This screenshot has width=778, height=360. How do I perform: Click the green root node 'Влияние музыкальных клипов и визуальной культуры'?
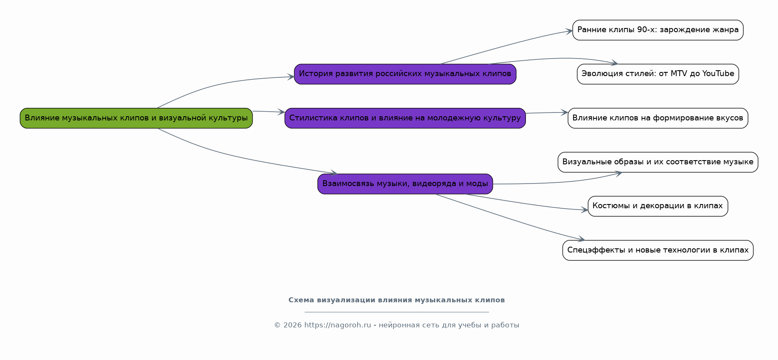[136, 118]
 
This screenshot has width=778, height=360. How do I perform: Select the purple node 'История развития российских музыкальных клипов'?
[405, 74]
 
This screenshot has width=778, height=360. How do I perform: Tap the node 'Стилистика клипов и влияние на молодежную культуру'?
[405, 118]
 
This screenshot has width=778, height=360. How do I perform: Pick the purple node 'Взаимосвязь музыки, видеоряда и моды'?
[405, 184]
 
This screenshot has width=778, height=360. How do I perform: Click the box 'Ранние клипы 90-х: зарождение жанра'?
[657, 30]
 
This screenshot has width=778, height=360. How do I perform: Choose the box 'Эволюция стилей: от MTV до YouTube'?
[657, 74]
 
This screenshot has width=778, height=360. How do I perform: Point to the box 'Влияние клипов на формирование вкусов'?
[657, 118]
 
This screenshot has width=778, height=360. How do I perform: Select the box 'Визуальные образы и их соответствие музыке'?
[657, 162]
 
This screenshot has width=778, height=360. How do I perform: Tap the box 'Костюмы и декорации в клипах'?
[657, 206]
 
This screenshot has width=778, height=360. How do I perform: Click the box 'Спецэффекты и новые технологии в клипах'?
[657, 250]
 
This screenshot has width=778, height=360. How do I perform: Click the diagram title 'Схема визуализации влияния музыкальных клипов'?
[396, 300]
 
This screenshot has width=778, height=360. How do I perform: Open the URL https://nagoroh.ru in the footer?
[337, 325]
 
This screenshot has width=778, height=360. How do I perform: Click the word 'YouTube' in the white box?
[718, 74]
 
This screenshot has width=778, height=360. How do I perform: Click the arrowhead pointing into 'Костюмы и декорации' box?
[585, 210]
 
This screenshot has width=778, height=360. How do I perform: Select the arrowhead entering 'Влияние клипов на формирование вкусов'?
[565, 112]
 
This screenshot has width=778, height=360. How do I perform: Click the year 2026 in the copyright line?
[292, 325]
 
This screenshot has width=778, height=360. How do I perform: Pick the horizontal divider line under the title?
[396, 312]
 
